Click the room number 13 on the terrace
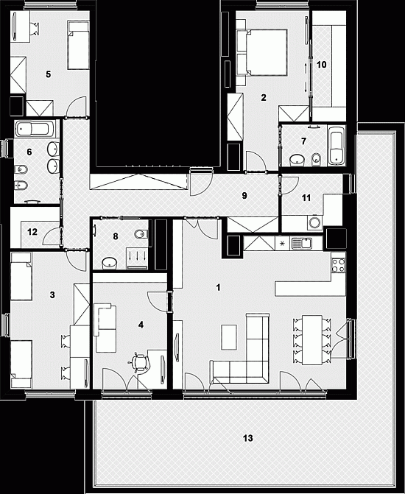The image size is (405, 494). click(x=247, y=438)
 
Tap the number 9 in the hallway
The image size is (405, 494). click(x=244, y=196)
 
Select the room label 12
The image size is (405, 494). click(x=32, y=232)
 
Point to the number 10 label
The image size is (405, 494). click(x=321, y=65)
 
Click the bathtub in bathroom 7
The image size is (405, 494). click(x=337, y=145)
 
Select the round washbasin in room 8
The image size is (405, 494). click(x=110, y=263)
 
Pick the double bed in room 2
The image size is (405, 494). click(x=262, y=52)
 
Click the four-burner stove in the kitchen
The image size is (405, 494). click(x=338, y=265)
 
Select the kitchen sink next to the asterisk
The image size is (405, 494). click(x=301, y=244)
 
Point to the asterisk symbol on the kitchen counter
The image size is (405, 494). click(x=283, y=244)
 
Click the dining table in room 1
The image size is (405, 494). click(x=312, y=340)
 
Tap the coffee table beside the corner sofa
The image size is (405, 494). click(x=229, y=337)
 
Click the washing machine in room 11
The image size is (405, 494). click(x=315, y=222)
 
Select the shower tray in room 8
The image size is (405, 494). click(x=137, y=258)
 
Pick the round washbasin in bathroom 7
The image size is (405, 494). click(x=297, y=160)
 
